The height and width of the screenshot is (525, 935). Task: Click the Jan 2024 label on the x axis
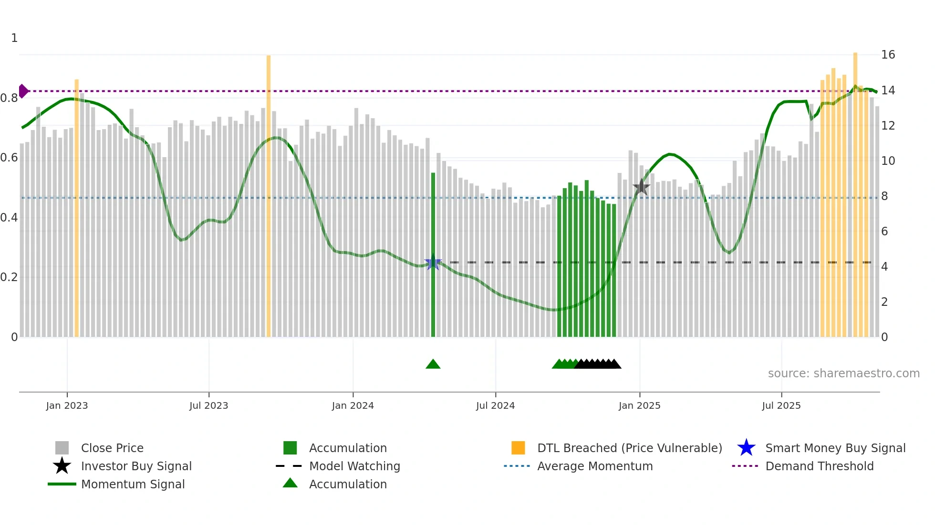[x=353, y=405]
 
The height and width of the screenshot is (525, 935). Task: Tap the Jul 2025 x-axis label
[x=781, y=405]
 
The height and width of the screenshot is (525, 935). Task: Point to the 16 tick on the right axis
[x=888, y=55]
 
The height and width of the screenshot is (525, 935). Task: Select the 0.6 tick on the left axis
[x=9, y=158]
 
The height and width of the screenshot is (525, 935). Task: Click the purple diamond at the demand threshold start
[x=23, y=91]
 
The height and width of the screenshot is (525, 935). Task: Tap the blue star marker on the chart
[x=433, y=262]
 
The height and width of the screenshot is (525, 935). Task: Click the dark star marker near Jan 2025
[x=641, y=187]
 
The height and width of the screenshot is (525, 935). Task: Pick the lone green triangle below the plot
[x=433, y=364]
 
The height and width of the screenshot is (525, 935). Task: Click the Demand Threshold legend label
[x=819, y=466]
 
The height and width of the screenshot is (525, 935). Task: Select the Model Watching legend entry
[x=354, y=466]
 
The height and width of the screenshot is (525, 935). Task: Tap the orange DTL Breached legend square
[x=518, y=448]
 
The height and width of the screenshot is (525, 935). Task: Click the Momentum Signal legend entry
[x=133, y=484]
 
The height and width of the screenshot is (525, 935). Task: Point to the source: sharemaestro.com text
[x=843, y=374]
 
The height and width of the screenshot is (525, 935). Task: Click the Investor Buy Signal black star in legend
[x=62, y=466]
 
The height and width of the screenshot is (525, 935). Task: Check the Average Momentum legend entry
[x=594, y=466]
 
